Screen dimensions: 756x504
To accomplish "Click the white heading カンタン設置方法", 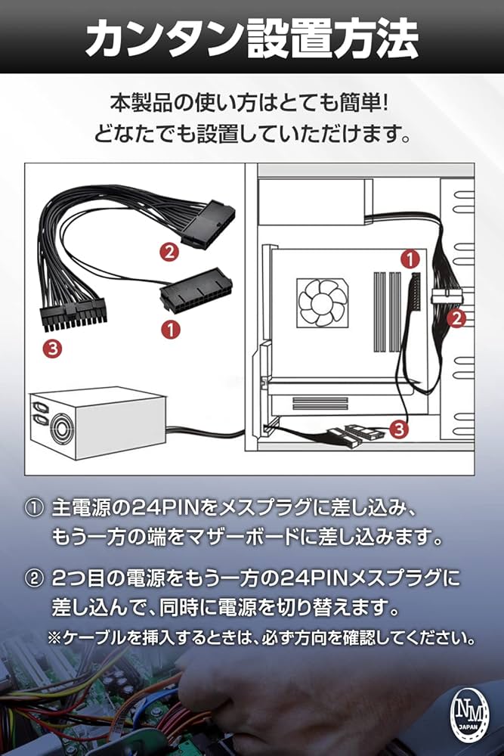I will point(252,38).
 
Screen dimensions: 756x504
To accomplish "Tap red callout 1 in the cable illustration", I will point(172,329).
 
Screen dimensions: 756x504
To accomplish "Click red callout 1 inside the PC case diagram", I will point(409,259).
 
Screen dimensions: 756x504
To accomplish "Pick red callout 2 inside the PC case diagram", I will point(456,318).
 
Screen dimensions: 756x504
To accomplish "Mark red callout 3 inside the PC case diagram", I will point(400,430).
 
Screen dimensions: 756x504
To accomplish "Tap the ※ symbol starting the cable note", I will point(54,637).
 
